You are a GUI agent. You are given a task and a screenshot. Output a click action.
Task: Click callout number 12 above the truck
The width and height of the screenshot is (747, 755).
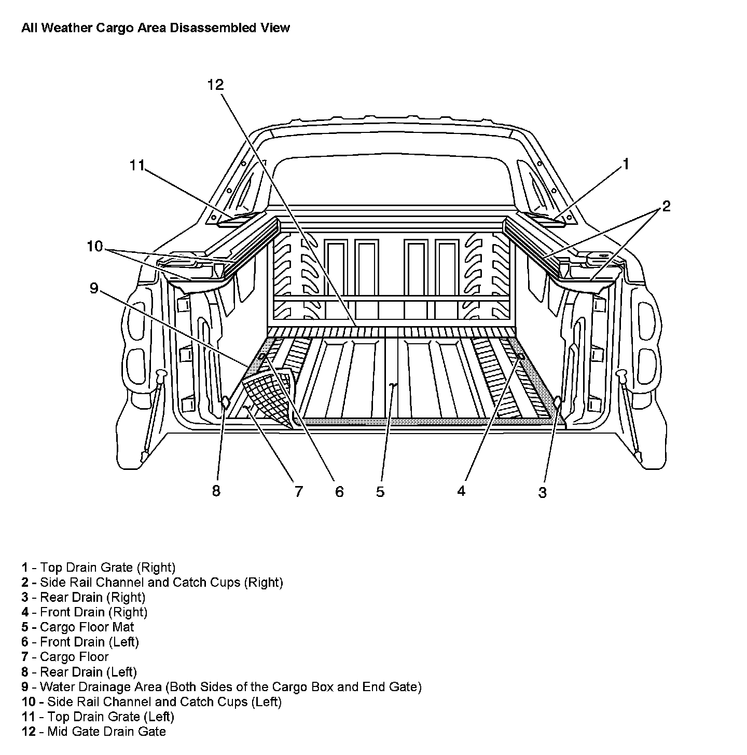(x=215, y=85)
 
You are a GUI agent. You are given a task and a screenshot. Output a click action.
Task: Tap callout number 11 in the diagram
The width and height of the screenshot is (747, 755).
(x=136, y=165)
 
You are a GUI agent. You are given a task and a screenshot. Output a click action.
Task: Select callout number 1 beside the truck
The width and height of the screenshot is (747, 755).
(x=626, y=165)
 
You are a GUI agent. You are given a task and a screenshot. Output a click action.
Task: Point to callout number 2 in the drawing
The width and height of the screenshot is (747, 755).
(x=666, y=206)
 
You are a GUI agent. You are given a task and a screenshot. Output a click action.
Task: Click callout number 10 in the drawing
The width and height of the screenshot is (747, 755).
(x=95, y=246)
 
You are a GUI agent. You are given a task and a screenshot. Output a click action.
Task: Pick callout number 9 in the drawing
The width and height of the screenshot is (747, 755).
(x=94, y=288)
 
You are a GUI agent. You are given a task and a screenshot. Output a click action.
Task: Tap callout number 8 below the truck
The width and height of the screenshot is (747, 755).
(x=216, y=490)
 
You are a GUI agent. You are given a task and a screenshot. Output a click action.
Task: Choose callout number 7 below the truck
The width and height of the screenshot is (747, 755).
(x=298, y=491)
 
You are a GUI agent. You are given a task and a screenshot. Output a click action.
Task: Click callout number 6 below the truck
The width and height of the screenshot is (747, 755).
(x=339, y=491)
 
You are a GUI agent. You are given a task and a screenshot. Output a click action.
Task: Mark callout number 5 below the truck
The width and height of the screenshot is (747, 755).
(x=380, y=491)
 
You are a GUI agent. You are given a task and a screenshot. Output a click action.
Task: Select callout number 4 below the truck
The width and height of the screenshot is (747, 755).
(x=462, y=490)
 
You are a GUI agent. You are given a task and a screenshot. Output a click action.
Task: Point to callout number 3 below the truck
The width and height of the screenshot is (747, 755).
(x=542, y=492)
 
